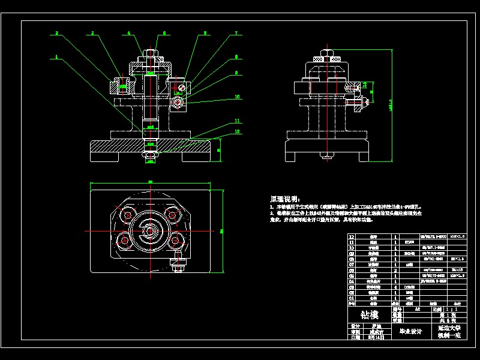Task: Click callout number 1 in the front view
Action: click(x=56, y=58)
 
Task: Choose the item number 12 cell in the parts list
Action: click(x=352, y=238)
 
